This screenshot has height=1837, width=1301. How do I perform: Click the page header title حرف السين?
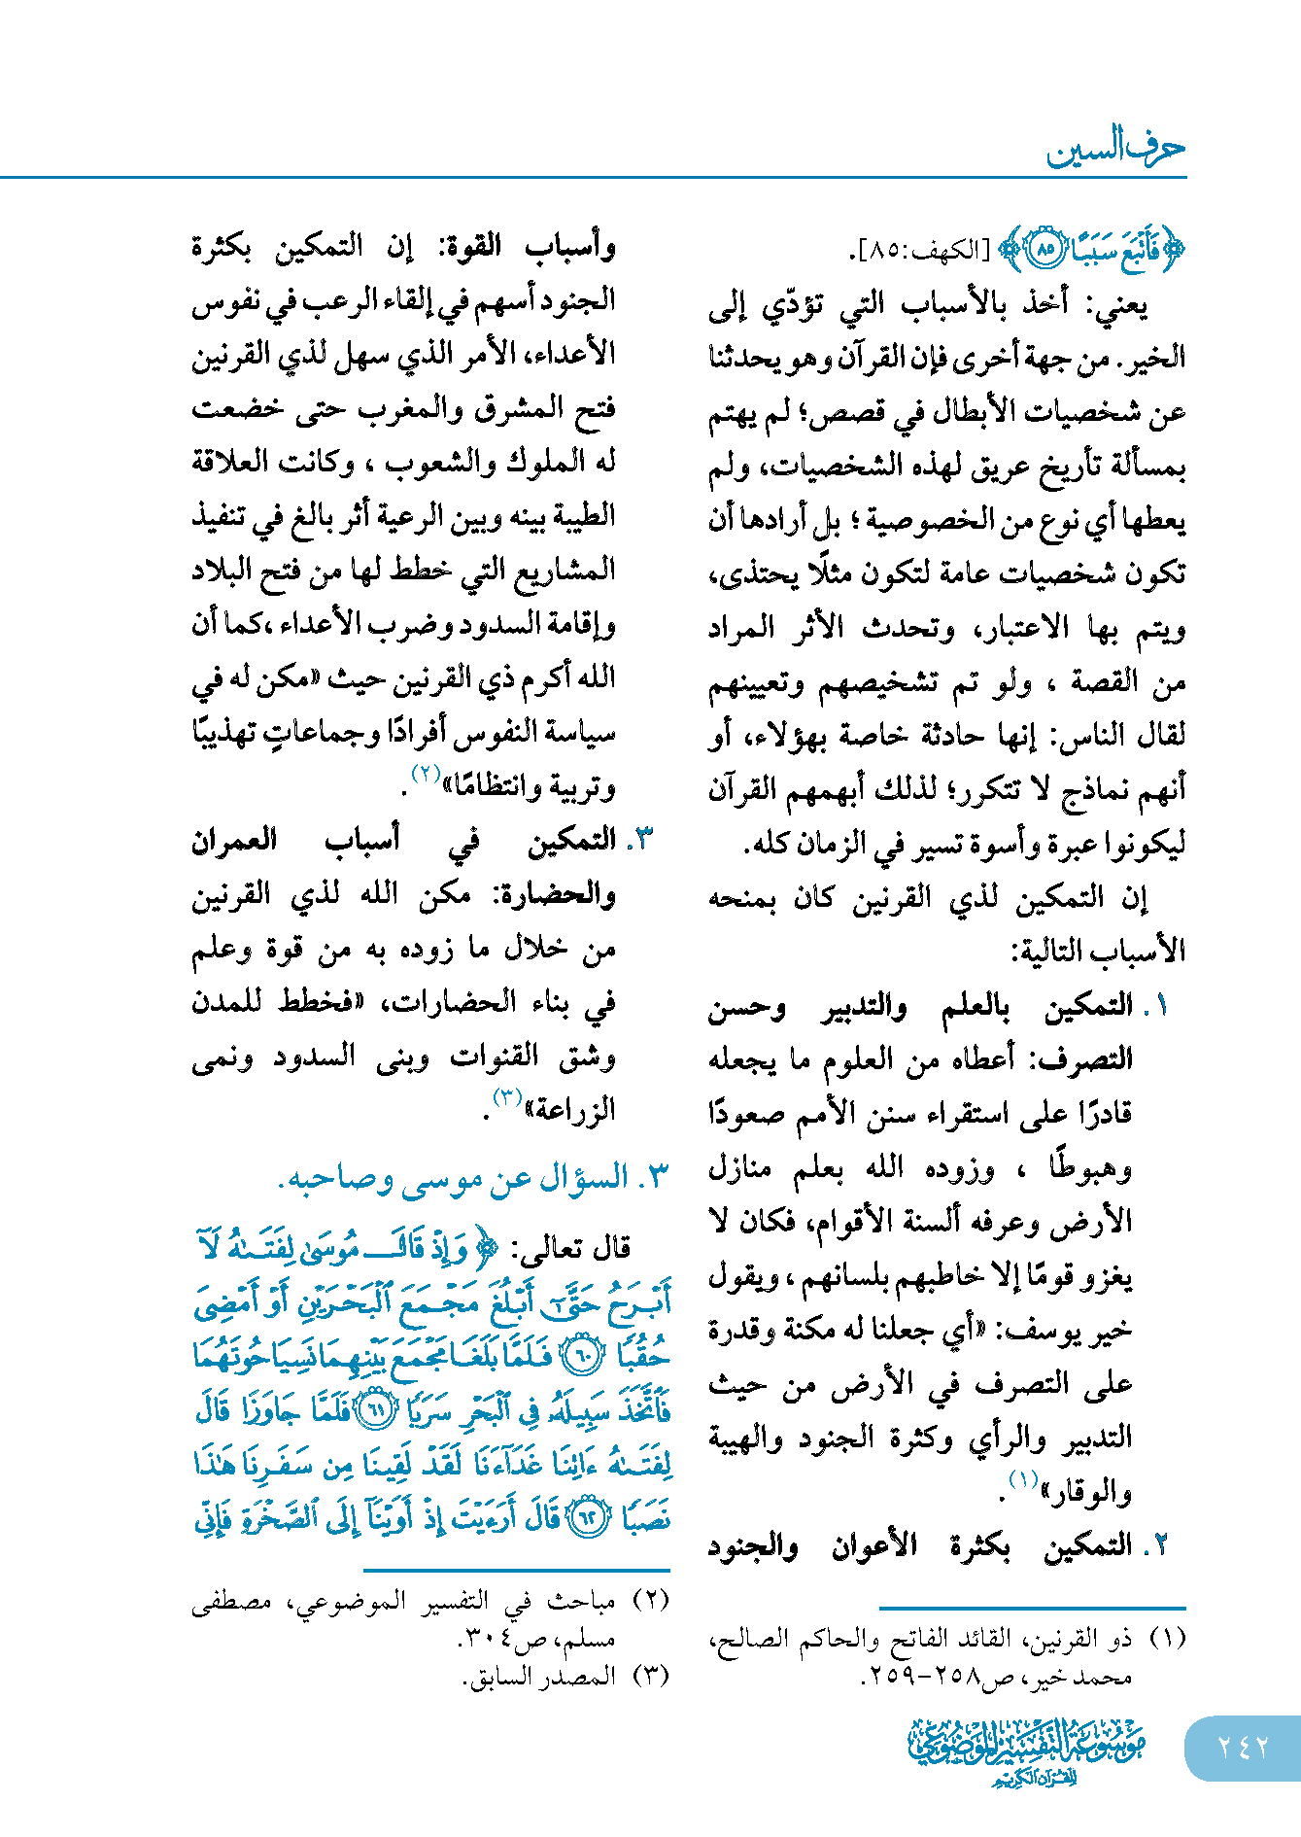(x=1115, y=149)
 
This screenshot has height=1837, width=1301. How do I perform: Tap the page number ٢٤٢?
(x=1243, y=1748)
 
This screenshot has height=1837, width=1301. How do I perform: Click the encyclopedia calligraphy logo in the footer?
(x=1027, y=1750)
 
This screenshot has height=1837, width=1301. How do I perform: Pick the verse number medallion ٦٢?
(x=586, y=1517)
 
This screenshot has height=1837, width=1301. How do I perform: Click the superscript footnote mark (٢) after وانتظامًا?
(x=427, y=775)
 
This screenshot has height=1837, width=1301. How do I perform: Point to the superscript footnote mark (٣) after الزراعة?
(x=508, y=1097)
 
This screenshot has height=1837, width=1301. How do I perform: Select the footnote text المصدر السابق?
(x=540, y=1677)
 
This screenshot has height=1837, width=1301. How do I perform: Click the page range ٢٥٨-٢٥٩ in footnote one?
(x=909, y=1677)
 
